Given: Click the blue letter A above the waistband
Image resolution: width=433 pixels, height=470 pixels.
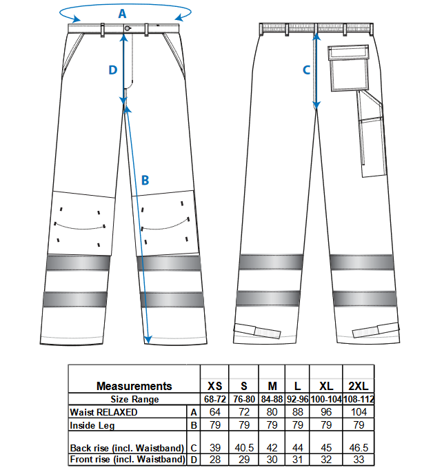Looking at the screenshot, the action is tap(122, 14).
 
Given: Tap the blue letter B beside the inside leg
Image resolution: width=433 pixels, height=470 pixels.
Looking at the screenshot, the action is tap(145, 181).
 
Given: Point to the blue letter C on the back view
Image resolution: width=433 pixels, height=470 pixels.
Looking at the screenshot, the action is tap(306, 70).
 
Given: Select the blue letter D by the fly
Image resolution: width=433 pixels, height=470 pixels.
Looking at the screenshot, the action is tap(113, 70).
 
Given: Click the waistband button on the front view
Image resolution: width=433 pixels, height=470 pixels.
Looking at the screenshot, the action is tap(128, 28).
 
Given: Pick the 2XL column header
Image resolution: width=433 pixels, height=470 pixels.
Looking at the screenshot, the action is tap(359, 386).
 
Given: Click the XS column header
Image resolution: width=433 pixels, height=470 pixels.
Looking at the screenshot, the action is tap(215, 386).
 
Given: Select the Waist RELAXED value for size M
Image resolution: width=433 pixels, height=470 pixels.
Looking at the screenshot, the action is tap(272, 412).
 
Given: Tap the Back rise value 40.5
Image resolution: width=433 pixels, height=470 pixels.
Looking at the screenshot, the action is tap(244, 447).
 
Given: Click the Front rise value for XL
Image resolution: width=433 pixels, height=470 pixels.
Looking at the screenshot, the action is tap(326, 459).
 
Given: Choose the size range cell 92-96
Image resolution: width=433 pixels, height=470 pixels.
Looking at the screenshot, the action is tap(297, 399).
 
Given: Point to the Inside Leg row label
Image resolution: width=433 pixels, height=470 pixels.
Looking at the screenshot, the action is tap(92, 425).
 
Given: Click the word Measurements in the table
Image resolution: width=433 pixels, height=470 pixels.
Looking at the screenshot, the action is tap(134, 386).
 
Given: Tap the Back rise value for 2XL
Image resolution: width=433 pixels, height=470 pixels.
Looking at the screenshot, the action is tap(359, 447).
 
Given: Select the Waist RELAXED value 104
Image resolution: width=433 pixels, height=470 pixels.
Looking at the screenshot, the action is tap(359, 412).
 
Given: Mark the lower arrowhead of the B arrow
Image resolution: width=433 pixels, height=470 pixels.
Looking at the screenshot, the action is tap(148, 340).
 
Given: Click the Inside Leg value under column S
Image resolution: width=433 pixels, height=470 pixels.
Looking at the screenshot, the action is tap(244, 425).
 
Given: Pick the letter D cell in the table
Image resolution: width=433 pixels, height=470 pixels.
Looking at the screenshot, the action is tap(194, 459).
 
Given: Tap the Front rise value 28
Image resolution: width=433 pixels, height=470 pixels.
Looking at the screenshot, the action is tap(215, 459).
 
